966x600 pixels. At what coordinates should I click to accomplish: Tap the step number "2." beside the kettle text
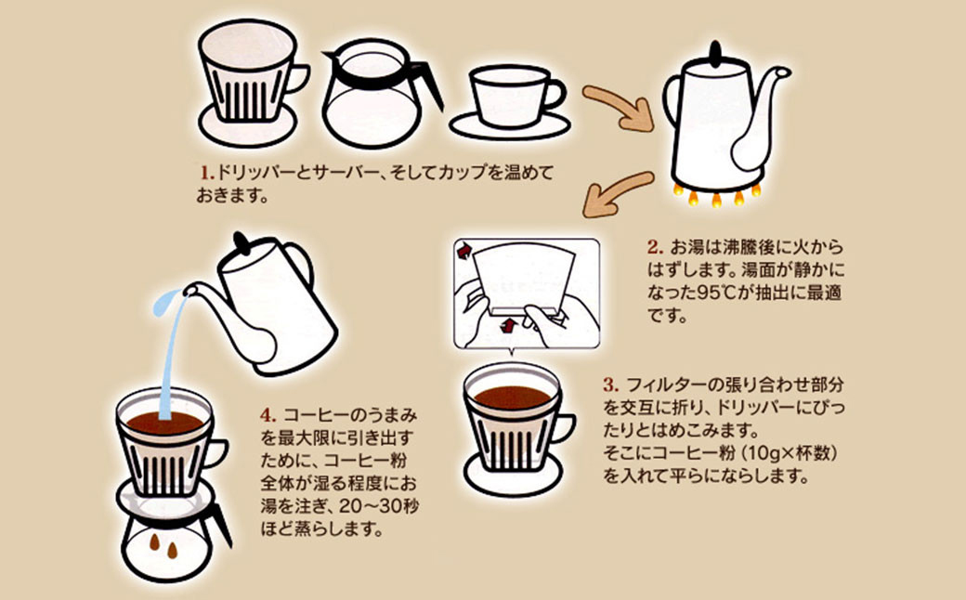tap(657, 248)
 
